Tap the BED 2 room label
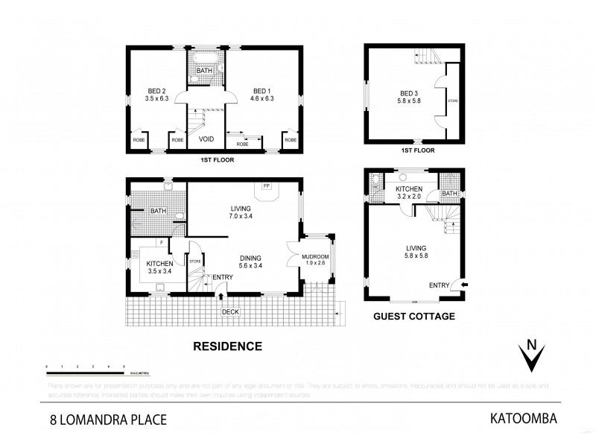coord(158,94)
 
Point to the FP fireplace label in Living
coord(266,185)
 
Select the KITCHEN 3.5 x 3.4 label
coord(159,267)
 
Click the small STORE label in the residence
coord(196,261)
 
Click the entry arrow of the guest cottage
coord(466,284)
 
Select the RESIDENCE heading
coord(228,346)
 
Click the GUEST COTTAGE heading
coord(413,316)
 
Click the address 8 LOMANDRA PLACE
coord(102,419)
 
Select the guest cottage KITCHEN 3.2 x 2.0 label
coord(409,193)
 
